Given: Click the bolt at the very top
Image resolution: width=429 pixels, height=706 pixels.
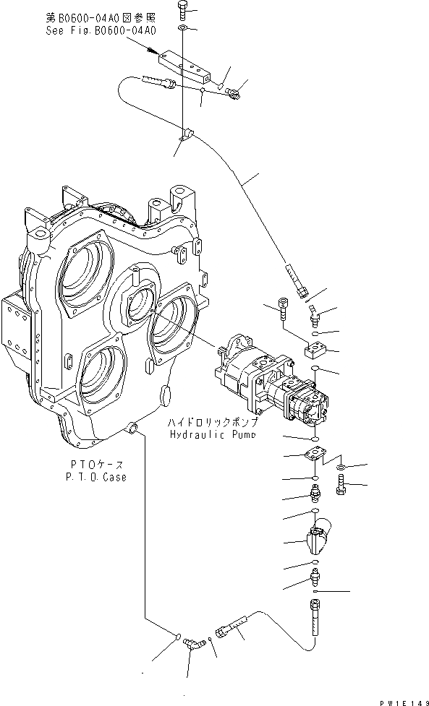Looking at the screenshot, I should [183, 9].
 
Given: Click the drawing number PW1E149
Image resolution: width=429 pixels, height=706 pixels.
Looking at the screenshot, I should [402, 699].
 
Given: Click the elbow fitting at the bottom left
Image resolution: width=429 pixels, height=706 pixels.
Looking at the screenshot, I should [192, 641].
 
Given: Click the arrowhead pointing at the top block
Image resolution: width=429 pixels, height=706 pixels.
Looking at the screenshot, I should [151, 51].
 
